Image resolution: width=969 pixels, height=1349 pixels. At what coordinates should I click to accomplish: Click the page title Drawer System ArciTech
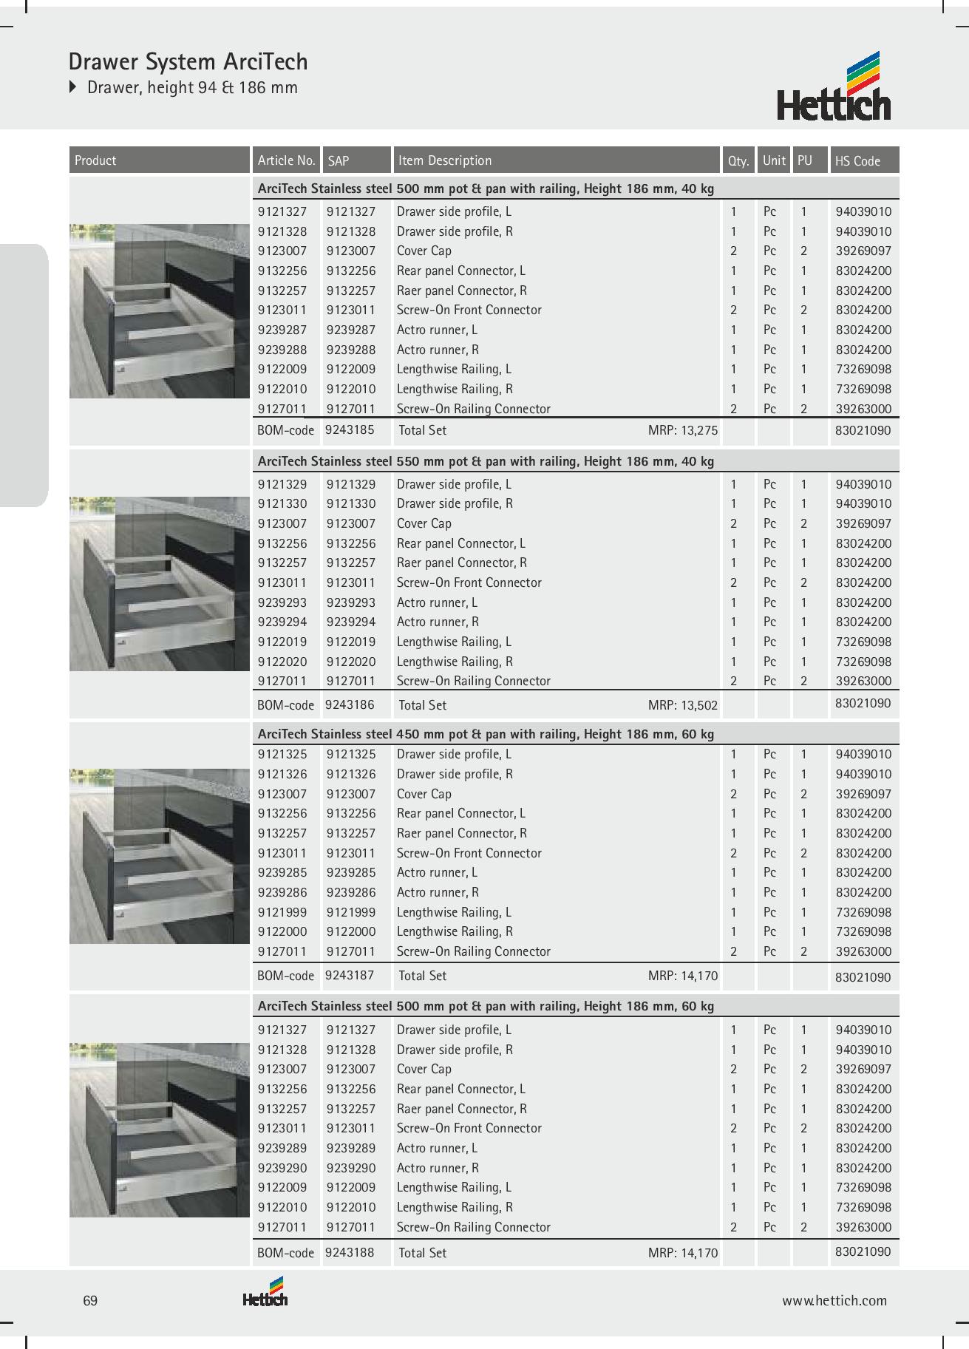point(188,61)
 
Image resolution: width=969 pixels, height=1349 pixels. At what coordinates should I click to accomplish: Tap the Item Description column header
point(444,160)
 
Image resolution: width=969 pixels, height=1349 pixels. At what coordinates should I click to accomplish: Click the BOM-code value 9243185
point(350,429)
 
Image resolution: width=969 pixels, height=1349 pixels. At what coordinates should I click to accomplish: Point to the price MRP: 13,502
point(682,705)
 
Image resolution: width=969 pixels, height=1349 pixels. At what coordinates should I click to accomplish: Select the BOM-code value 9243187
point(350,975)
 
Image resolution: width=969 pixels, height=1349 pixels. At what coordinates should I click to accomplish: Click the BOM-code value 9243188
point(350,1252)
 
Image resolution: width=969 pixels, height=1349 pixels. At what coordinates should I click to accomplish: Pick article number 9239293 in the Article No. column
point(282,602)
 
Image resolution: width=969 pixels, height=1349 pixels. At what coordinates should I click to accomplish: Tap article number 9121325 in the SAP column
point(351,754)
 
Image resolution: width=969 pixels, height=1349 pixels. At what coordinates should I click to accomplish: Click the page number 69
point(90,1301)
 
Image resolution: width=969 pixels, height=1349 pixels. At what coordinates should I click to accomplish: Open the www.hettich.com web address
point(834,1301)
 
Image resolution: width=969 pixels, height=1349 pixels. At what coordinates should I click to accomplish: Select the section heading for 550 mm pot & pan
point(486,461)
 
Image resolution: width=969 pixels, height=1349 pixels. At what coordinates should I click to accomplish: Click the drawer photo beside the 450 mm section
point(160,856)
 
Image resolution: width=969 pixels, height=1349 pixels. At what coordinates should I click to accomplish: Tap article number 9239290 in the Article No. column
point(282,1168)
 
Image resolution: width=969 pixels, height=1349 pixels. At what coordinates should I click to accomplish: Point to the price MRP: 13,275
point(682,430)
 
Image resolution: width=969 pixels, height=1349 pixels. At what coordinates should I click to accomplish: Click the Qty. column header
point(738,160)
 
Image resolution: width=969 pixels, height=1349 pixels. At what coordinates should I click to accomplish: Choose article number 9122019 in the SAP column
point(351,642)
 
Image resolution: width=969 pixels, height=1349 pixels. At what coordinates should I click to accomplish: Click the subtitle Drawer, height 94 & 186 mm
point(192,87)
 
